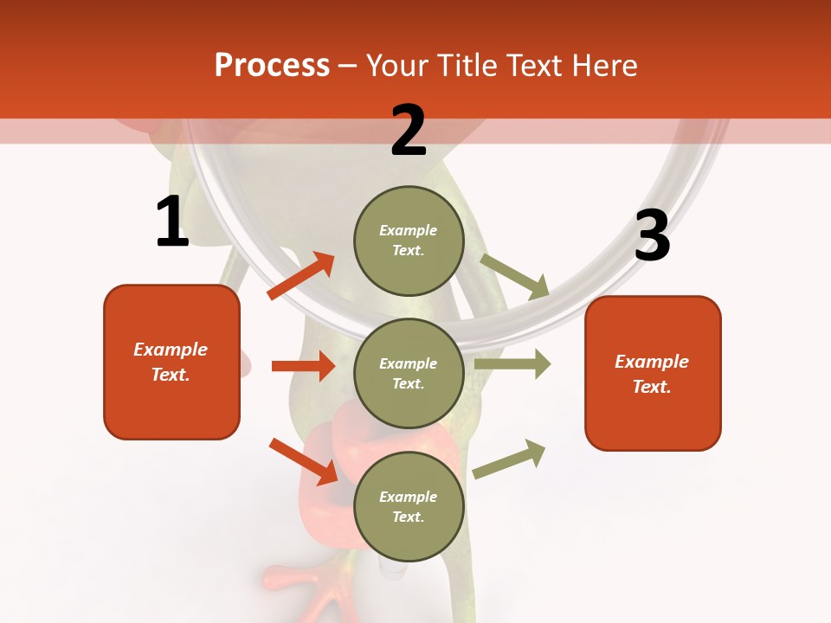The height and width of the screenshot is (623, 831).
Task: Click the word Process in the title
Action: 272,66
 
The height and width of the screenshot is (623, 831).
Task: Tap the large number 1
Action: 172,222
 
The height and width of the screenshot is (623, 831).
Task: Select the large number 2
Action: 409,131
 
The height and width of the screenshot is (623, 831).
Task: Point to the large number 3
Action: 652,236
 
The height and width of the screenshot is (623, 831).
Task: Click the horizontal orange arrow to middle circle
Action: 304,366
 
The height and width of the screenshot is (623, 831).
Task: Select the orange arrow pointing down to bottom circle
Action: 304,460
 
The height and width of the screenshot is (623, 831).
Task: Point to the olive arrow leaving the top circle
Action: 515,276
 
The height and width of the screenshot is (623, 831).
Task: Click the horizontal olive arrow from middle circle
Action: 512,363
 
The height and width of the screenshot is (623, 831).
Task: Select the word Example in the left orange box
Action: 171,350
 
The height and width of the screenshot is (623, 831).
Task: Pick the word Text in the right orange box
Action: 650,387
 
